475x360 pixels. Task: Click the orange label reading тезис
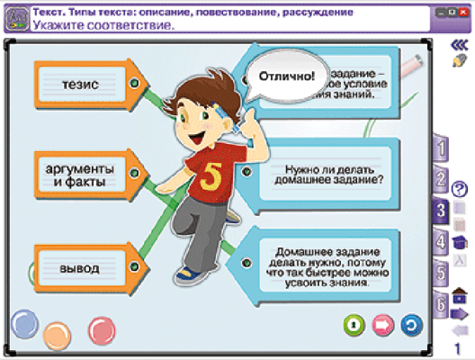80,83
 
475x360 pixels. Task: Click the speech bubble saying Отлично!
286,75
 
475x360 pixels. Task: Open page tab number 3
440,211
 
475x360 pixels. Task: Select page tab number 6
440,304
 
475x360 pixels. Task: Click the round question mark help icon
460,189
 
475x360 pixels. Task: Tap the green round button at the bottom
354,324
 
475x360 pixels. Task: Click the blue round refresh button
409,324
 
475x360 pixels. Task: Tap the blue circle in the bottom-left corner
24,324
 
